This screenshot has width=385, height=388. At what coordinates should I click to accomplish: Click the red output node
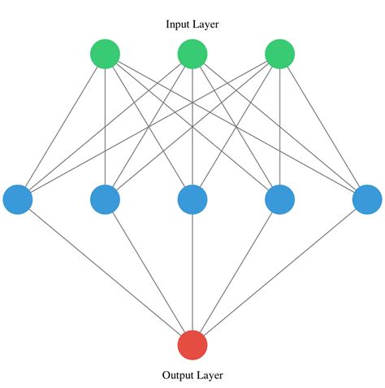192,344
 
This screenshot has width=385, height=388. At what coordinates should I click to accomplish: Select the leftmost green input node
105,54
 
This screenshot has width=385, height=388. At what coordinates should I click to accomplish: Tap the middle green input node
192,54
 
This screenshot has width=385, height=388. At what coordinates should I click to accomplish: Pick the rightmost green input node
279,54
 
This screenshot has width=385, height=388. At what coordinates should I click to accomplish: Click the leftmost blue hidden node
17,198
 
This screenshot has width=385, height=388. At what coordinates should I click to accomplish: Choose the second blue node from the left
105,198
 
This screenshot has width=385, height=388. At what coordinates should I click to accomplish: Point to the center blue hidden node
192,198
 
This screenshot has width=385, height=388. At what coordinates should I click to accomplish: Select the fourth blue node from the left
279,198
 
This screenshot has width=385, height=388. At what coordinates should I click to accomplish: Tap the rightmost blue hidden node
366,198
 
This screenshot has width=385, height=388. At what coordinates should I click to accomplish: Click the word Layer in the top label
206,24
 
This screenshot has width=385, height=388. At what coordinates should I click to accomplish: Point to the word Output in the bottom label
178,375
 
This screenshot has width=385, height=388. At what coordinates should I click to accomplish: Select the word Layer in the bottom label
208,375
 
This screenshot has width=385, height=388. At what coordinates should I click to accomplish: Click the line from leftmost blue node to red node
105,272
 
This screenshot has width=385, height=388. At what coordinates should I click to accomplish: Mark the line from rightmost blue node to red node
279,272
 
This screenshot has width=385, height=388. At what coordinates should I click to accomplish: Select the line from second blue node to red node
149,272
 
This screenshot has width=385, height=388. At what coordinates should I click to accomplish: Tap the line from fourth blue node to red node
236,272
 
